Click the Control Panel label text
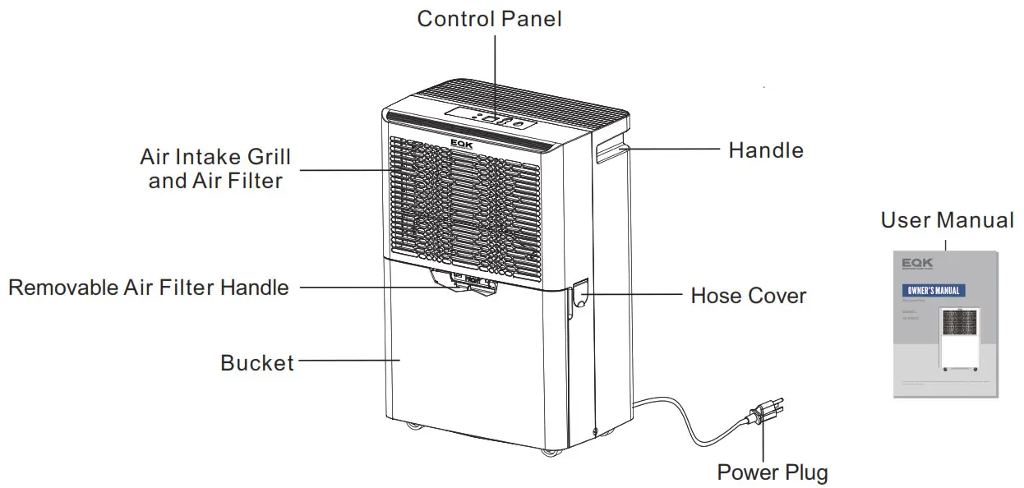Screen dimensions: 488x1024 [489, 19]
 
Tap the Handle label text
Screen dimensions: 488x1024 [766, 150]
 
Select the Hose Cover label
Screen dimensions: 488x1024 [748, 296]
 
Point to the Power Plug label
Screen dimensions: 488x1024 [773, 472]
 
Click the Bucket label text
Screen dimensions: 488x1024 [257, 362]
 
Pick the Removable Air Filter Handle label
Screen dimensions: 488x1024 [149, 288]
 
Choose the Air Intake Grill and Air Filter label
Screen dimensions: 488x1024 [215, 168]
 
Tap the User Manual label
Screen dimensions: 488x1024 [947, 220]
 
